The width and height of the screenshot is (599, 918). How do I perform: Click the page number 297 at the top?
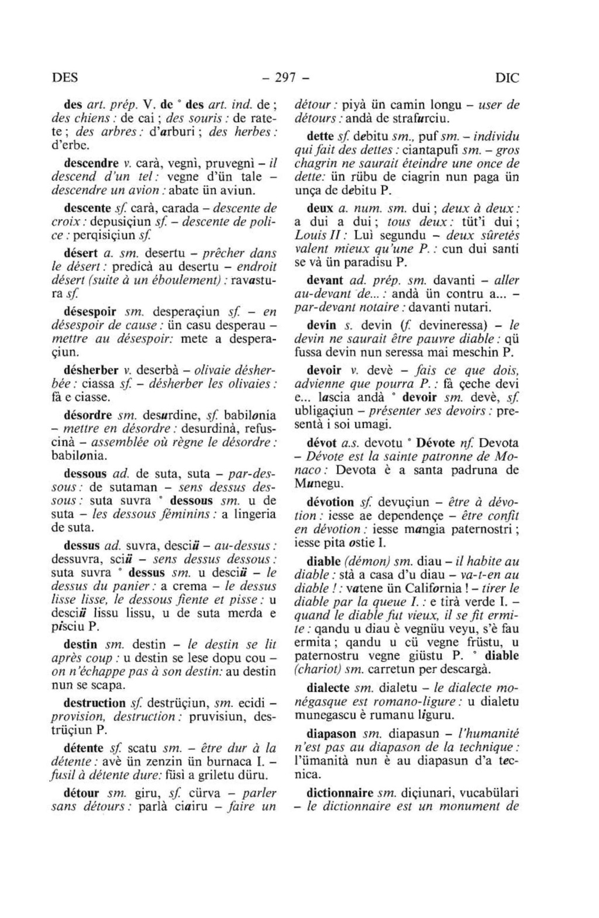point(285,77)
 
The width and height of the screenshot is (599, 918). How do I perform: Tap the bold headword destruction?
point(94,703)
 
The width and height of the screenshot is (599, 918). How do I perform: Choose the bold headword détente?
point(84,748)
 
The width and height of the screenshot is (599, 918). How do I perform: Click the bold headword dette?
point(320,136)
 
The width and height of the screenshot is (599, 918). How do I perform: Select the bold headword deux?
point(320,208)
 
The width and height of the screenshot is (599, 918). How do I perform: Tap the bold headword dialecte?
point(328,687)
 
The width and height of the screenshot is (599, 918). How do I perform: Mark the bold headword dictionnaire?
point(340,793)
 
